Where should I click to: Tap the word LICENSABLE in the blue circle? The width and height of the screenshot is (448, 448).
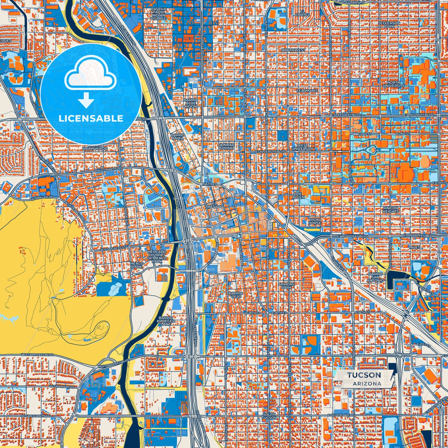[x=91, y=118]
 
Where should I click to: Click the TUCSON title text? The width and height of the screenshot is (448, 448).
[x=364, y=375]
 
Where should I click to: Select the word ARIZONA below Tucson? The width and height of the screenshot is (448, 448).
[x=367, y=384]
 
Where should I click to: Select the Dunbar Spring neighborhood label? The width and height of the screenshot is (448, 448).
[x=226, y=146]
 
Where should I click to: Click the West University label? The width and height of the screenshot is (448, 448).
[x=302, y=147]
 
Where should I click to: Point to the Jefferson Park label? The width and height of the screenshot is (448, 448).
[x=389, y=25]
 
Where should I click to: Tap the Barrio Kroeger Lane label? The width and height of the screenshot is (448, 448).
[x=166, y=321]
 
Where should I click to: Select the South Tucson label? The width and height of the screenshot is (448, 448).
[x=269, y=416]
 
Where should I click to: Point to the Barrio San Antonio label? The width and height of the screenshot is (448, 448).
[x=376, y=277]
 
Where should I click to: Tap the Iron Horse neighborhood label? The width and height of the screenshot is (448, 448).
[x=314, y=221]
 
